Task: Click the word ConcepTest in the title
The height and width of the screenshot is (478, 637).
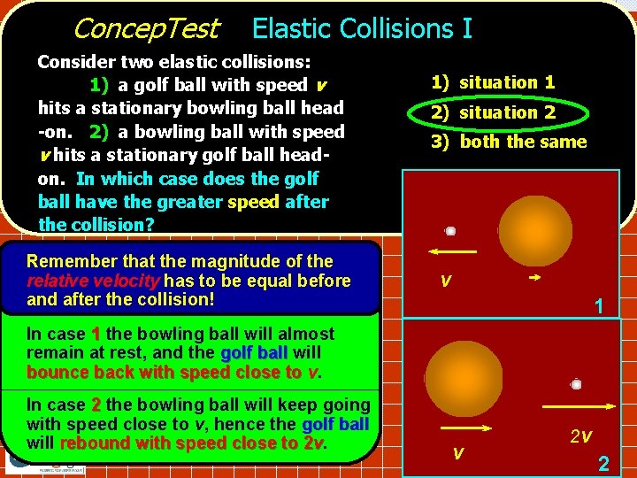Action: click(x=145, y=29)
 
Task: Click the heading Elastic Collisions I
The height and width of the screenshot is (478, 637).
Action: click(x=362, y=29)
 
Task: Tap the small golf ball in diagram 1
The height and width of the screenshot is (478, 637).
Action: click(x=450, y=231)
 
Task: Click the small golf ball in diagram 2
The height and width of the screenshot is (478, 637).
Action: click(x=576, y=384)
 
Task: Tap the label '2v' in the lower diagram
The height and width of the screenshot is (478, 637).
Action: click(x=579, y=436)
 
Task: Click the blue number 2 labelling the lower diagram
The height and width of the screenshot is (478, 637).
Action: click(x=603, y=462)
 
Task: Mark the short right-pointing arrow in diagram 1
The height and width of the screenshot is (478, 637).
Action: click(x=533, y=278)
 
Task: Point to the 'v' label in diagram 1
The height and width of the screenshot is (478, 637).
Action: click(x=447, y=281)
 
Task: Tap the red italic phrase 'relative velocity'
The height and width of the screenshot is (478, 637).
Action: click(x=81, y=281)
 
